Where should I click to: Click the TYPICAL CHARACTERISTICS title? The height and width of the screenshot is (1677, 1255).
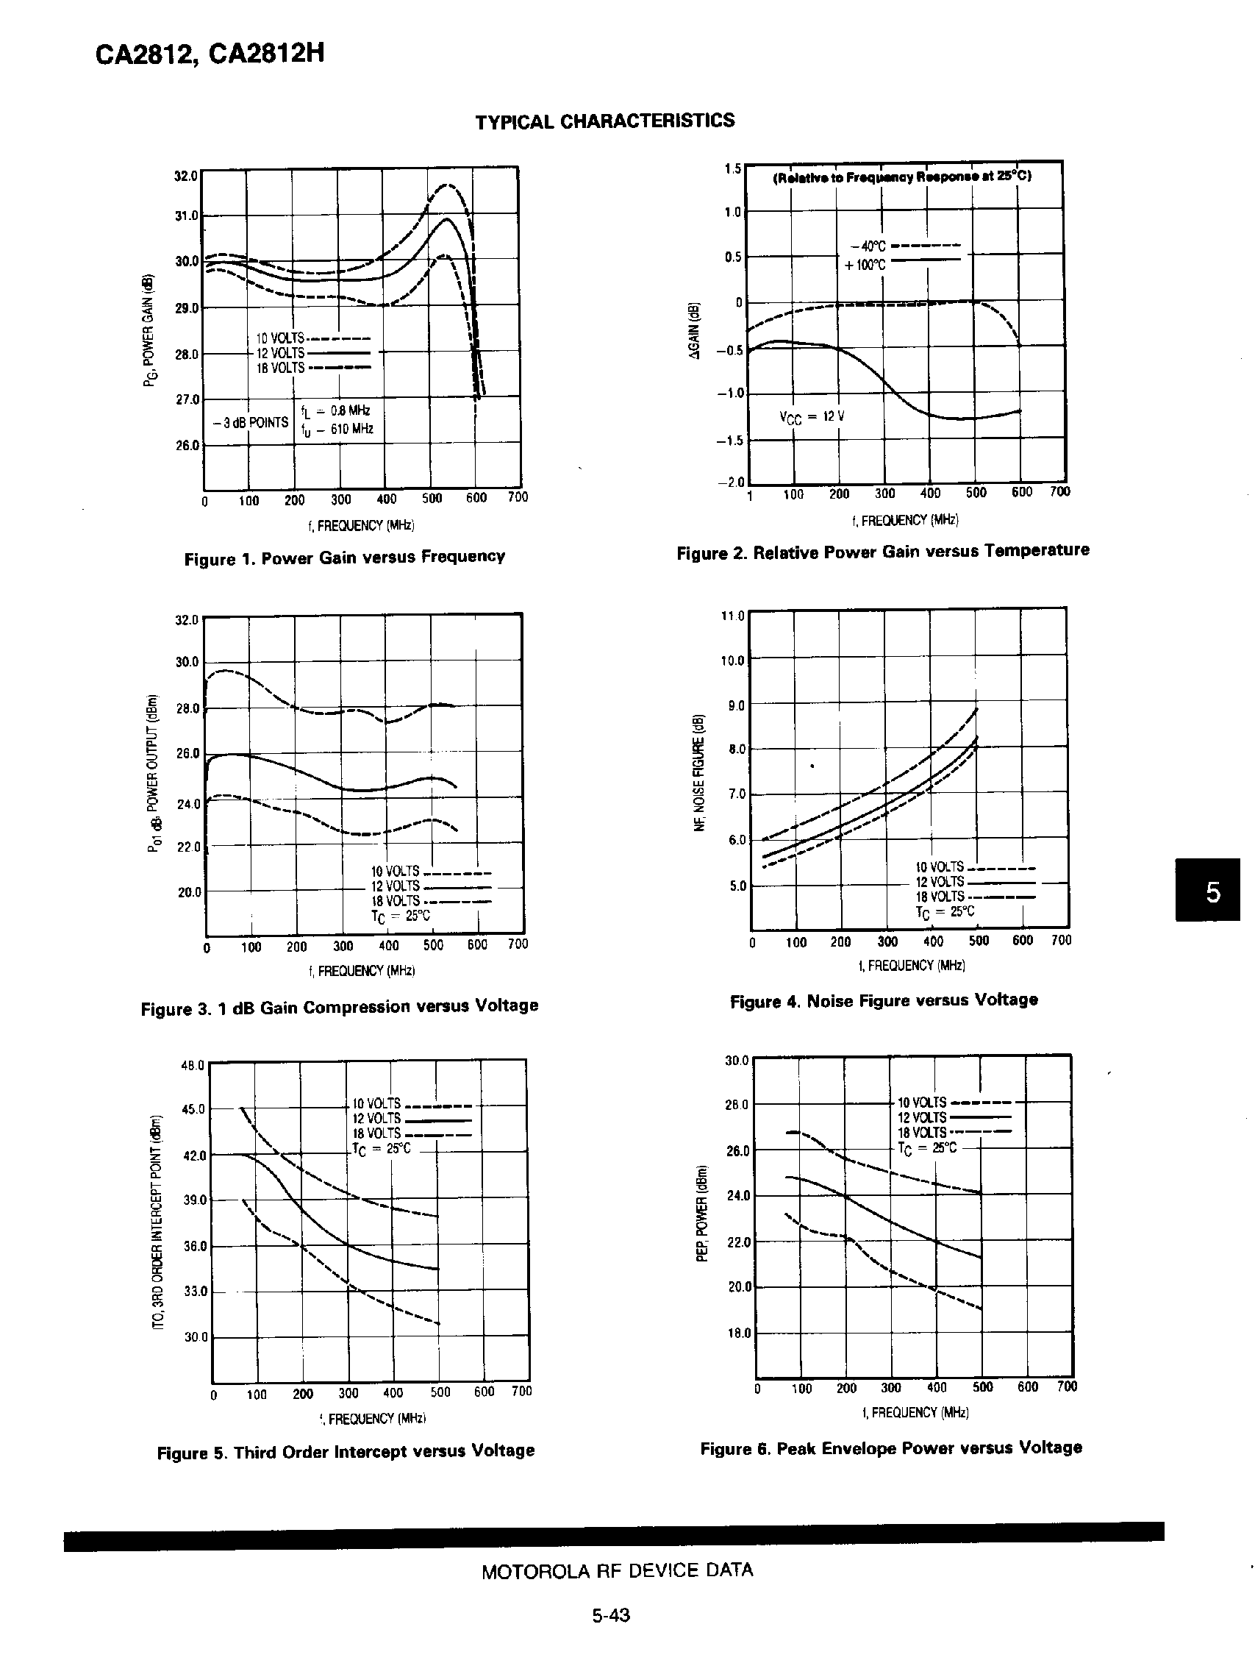(x=605, y=121)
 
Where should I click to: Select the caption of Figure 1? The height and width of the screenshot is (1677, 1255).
(x=345, y=558)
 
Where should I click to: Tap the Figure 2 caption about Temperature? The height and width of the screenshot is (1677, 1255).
(x=883, y=551)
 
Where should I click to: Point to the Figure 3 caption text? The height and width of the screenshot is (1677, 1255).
(x=340, y=1007)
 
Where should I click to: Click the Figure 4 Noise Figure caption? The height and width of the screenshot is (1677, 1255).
(x=884, y=1001)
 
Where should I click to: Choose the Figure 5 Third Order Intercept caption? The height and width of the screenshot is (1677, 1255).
(x=346, y=1451)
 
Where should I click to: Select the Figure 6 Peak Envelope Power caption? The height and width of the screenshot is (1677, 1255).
(x=891, y=1448)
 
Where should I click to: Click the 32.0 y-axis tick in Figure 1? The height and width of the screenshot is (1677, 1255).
(x=187, y=175)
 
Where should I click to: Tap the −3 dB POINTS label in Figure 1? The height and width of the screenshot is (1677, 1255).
(x=251, y=422)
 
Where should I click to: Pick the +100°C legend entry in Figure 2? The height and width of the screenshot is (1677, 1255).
(x=864, y=266)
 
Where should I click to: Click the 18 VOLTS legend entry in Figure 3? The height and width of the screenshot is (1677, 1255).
(x=395, y=901)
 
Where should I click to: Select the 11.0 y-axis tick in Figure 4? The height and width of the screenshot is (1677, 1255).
(x=733, y=616)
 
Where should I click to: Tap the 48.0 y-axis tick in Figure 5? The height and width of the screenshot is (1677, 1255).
(x=193, y=1065)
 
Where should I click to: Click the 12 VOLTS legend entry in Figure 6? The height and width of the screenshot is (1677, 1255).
(x=921, y=1117)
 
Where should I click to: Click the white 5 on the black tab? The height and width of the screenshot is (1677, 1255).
(x=1212, y=892)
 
